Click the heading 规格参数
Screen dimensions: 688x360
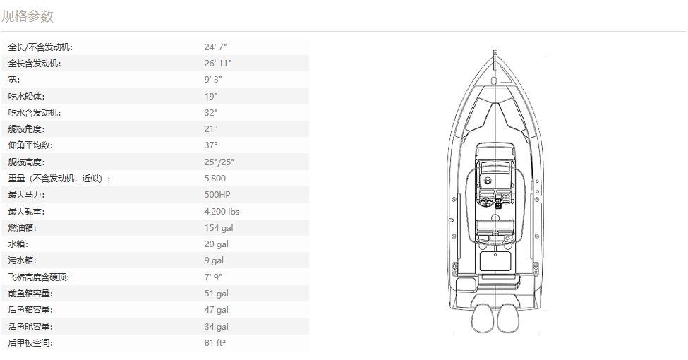click(28, 16)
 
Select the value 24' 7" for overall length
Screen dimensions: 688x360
click(215, 47)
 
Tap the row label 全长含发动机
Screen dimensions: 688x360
click(35, 64)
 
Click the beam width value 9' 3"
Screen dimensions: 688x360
click(213, 80)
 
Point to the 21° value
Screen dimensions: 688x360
click(210, 129)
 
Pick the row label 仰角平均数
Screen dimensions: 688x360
click(30, 145)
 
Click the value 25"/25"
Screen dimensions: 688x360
click(219, 162)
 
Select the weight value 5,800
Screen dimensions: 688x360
click(215, 179)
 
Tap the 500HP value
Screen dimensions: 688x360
click(217, 195)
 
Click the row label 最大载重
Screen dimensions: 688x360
click(26, 211)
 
